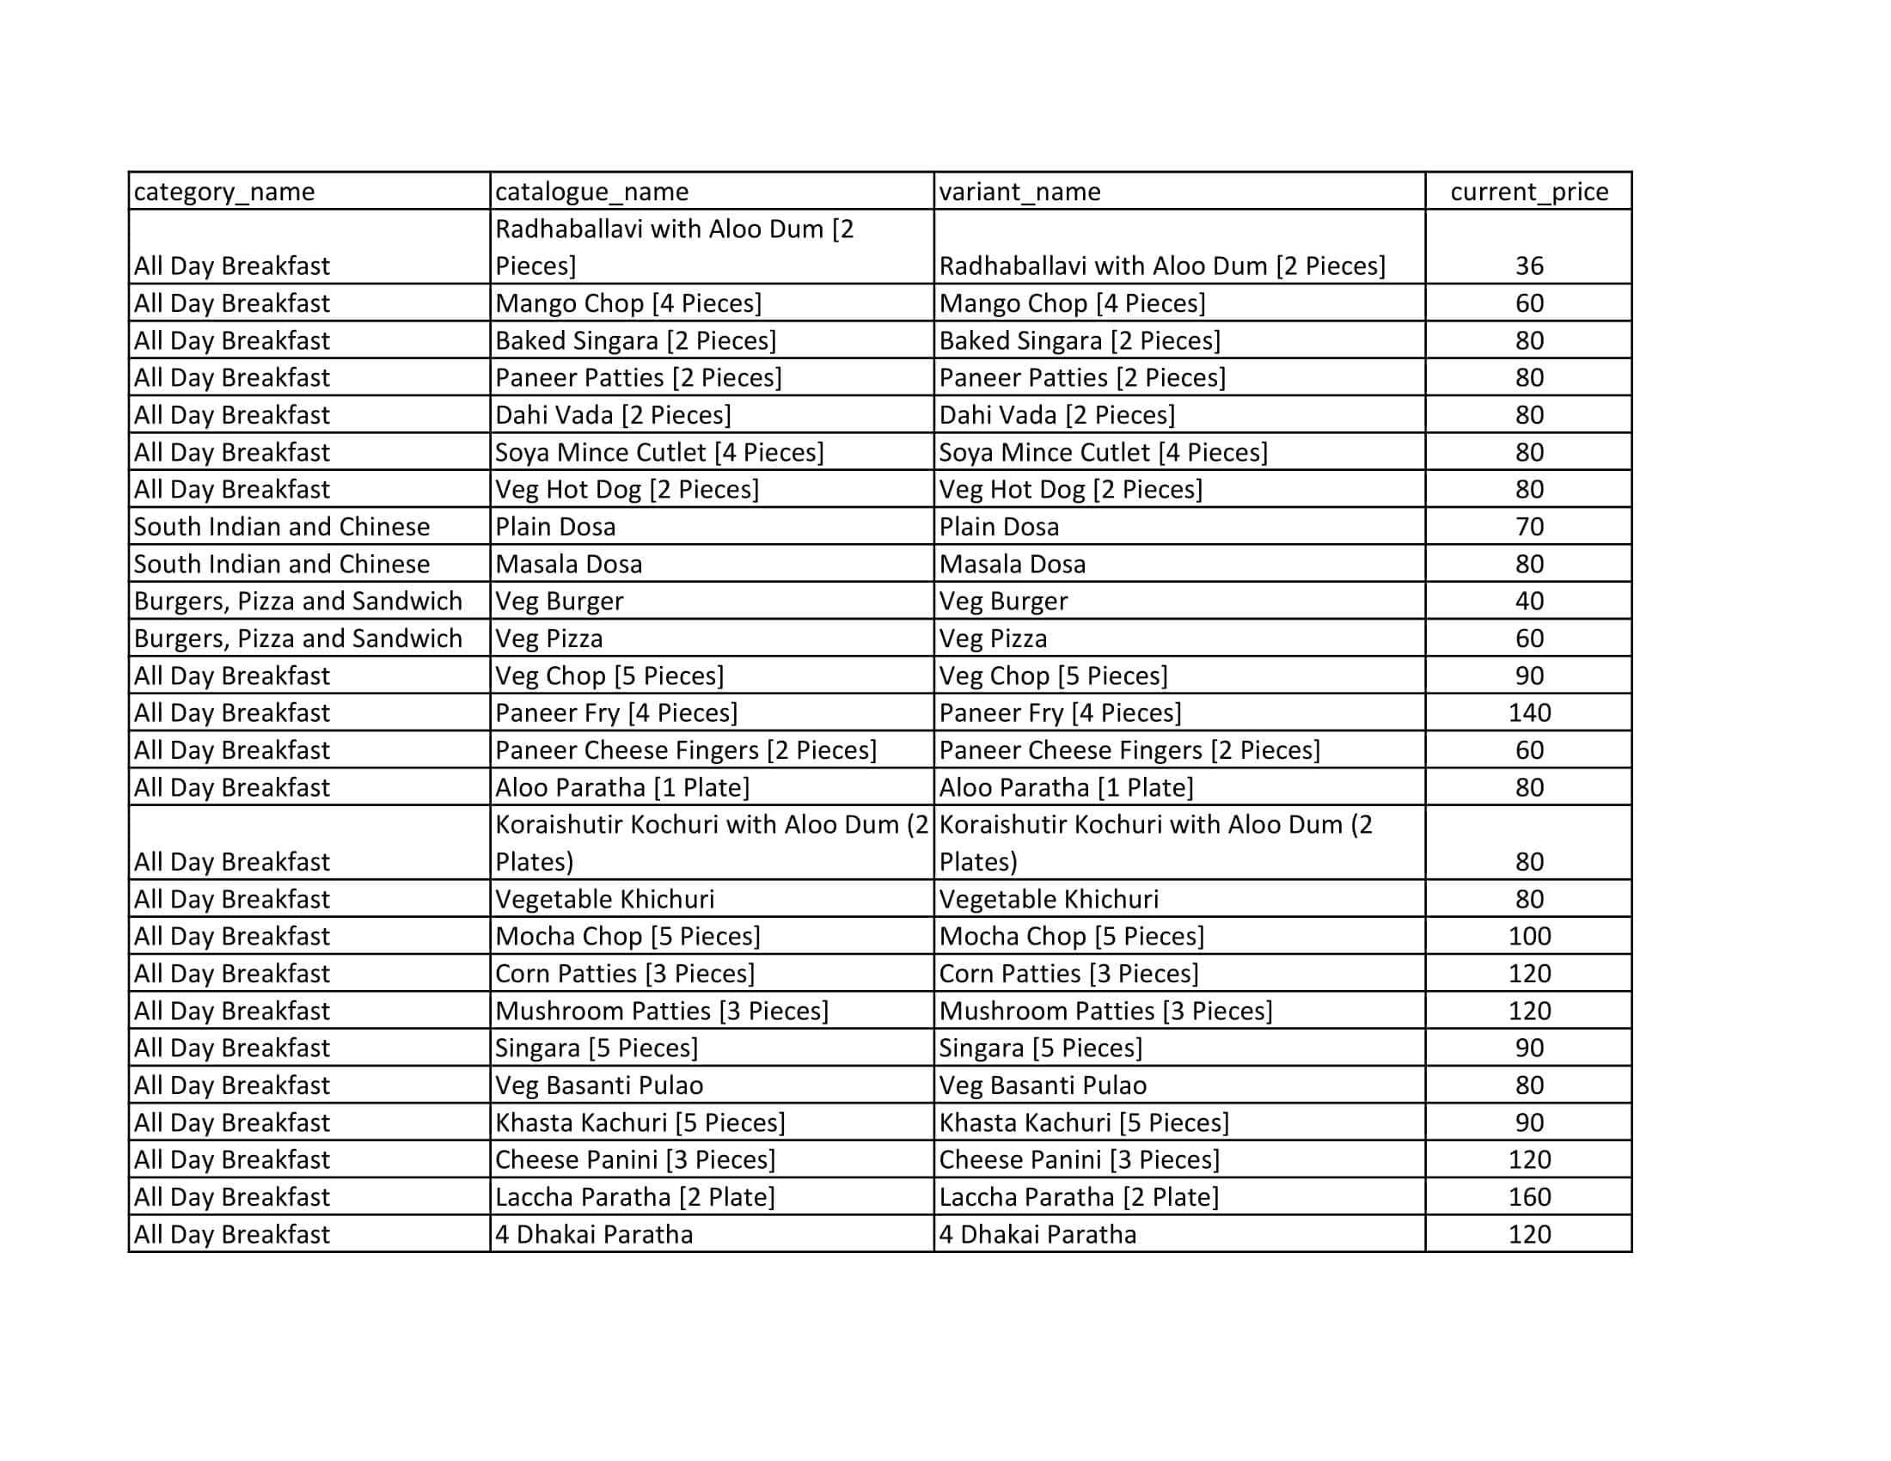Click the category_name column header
pos(224,192)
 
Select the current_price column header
pos(1529,192)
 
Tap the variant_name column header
pos(1020,192)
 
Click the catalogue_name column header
pos(591,192)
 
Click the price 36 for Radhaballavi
pos(1529,266)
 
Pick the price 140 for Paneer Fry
pos(1529,712)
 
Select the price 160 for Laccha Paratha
pos(1529,1196)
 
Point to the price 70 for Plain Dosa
pos(1529,526)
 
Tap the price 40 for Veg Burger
pos(1529,601)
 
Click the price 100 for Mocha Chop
pos(1529,936)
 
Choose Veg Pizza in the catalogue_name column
pos(549,638)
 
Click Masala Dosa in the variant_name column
pos(1013,564)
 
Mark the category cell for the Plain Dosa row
pos(281,526)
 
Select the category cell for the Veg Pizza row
pos(298,638)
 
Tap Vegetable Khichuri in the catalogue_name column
pos(604,898)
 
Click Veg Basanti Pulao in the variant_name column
pos(1043,1085)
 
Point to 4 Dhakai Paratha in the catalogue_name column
pos(594,1233)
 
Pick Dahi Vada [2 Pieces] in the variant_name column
pos(1056,414)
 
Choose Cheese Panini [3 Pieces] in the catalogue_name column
pos(634,1159)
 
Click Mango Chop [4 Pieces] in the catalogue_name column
pos(627,303)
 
